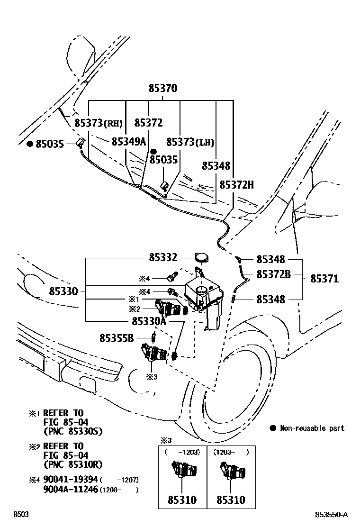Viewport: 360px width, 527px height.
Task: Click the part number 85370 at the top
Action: click(162, 88)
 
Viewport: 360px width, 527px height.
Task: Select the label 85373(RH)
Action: click(99, 123)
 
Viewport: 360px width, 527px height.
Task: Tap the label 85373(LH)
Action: click(190, 142)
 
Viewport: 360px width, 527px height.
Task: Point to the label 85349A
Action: click(128, 142)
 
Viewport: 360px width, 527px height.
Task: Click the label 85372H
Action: click(236, 185)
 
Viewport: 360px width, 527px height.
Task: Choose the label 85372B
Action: click(273, 274)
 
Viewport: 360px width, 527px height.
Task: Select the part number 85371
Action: click(324, 279)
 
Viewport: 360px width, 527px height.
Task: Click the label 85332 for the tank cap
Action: click(163, 258)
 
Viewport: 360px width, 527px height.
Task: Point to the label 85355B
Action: click(117, 338)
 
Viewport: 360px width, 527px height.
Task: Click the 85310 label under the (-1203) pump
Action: click(182, 500)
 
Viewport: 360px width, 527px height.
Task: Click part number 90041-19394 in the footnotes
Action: click(70, 480)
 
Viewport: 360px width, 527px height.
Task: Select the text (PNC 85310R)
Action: click(72, 464)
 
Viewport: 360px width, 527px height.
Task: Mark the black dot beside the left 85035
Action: click(29, 144)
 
